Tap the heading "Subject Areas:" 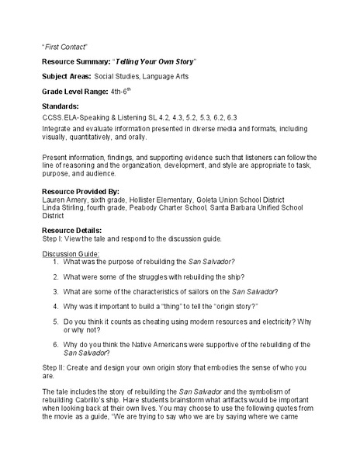(x=66, y=76)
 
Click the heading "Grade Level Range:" (x=74, y=92)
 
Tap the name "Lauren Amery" (x=64, y=199)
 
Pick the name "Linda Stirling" (x=64, y=207)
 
